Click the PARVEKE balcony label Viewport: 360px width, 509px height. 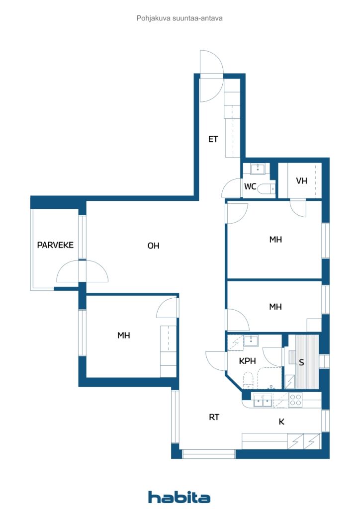[x=55, y=245]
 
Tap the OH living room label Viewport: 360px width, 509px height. [x=153, y=246]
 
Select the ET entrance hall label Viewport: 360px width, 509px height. [x=213, y=139]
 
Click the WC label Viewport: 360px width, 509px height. [x=250, y=187]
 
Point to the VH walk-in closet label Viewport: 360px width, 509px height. [x=301, y=181]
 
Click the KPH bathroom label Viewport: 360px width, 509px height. [x=247, y=361]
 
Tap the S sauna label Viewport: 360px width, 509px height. [x=301, y=362]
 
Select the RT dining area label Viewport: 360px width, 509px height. [x=214, y=417]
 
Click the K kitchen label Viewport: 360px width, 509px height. [x=281, y=422]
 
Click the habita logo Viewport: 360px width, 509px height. [x=179, y=497]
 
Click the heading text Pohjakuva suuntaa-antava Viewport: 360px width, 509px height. [x=180, y=18]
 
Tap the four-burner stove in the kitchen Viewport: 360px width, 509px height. [x=295, y=400]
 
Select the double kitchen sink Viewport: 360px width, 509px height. [x=263, y=401]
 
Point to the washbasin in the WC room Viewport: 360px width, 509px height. [x=258, y=169]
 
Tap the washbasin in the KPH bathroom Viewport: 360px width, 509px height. [x=251, y=341]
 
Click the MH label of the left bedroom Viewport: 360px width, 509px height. [x=124, y=336]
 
